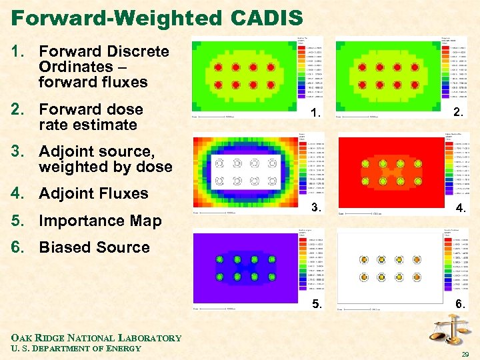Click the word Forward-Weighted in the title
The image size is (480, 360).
click(109, 18)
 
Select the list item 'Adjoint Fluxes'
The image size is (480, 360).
click(93, 193)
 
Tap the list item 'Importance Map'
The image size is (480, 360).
click(99, 221)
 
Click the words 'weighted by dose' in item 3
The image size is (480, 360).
click(105, 167)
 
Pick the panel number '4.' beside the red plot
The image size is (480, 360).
click(460, 209)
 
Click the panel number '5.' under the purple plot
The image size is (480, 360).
click(317, 306)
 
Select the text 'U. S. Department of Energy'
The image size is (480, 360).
click(75, 348)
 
